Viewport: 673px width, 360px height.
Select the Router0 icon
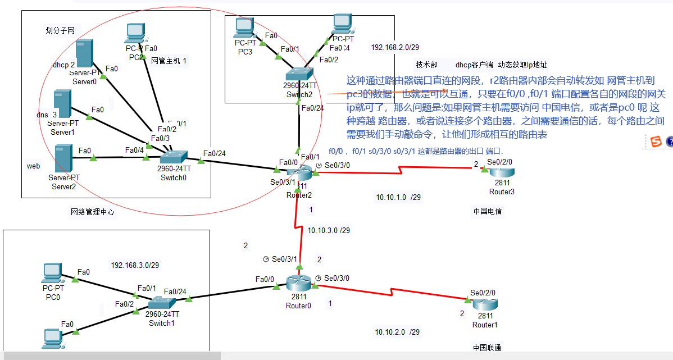pos(298,283)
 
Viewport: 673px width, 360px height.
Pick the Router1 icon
pos(485,306)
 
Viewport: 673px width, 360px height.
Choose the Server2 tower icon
pos(63,158)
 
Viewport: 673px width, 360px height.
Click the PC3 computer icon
pos(245,28)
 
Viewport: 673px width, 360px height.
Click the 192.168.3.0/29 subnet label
pos(133,265)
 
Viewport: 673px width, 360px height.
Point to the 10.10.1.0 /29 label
pos(398,197)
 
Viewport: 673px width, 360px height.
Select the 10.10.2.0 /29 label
pos(398,332)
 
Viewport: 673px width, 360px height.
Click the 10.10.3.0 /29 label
pos(329,230)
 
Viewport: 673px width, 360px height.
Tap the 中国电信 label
pos(488,212)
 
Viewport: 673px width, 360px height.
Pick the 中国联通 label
pos(487,347)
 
